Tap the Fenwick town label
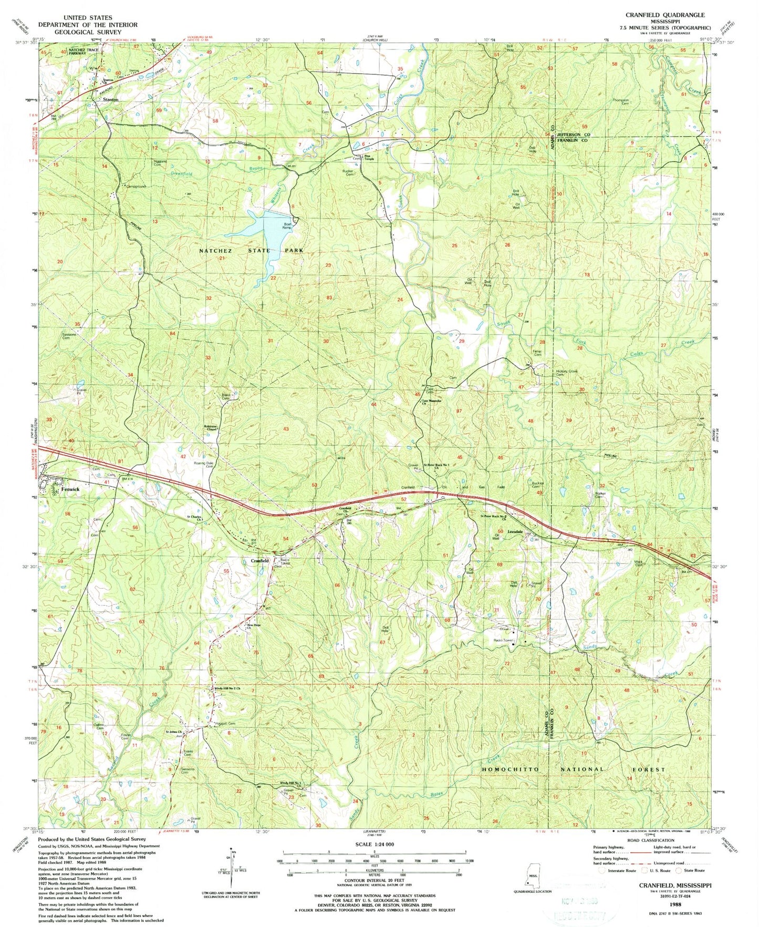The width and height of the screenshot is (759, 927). [70, 489]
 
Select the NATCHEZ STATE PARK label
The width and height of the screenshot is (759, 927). [251, 251]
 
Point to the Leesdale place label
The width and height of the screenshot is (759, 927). [515, 532]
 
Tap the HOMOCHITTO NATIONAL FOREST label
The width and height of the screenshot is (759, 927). [573, 769]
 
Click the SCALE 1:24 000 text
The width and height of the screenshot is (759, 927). [374, 844]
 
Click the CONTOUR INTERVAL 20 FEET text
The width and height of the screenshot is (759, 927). [374, 880]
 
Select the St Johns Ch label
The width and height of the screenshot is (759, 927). [174, 732]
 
